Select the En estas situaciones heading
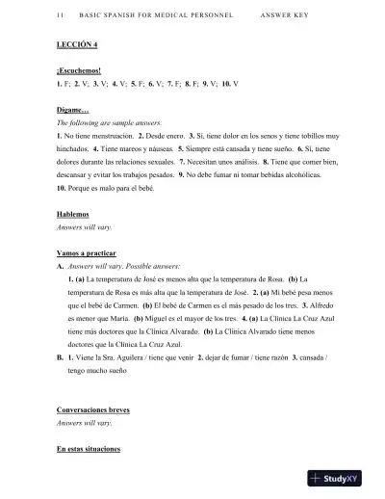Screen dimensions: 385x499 89,449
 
